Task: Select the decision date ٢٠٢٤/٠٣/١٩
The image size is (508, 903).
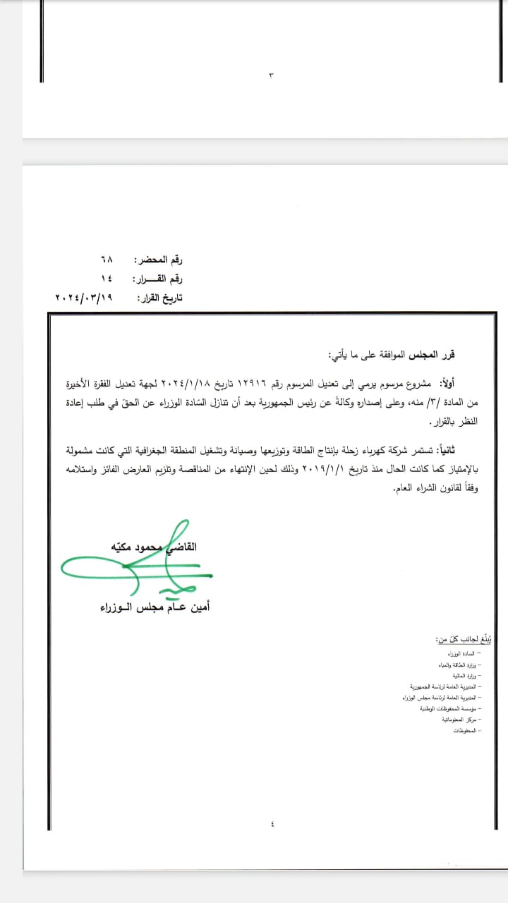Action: (x=84, y=298)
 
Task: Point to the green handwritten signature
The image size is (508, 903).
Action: (x=134, y=564)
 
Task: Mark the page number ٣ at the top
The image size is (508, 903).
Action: (x=271, y=75)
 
